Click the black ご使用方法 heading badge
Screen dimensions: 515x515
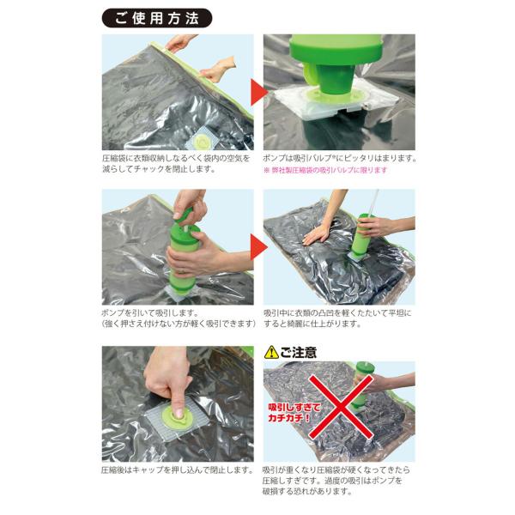coord(157,18)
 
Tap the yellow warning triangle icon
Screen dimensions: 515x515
coord(271,352)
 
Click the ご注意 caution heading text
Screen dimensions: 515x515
coord(299,352)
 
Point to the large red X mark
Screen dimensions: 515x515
coord(341,407)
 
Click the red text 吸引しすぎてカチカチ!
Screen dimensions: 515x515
coord(294,413)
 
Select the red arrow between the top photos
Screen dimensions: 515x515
coord(259,93)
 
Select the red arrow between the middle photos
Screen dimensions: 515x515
coord(259,246)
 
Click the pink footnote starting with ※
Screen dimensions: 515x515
coord(325,170)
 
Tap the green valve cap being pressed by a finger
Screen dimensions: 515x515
coord(177,417)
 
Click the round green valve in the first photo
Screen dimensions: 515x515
coord(201,142)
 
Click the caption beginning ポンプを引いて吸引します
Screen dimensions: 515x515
coord(179,318)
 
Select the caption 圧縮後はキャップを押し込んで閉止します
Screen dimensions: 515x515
coord(178,470)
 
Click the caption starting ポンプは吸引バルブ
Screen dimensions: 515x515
coord(340,158)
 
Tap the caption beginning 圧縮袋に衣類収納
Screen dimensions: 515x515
coord(176,164)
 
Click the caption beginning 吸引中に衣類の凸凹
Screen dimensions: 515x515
coord(337,318)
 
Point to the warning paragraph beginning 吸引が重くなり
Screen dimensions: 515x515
coord(336,481)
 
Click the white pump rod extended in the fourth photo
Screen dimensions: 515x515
coord(373,202)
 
